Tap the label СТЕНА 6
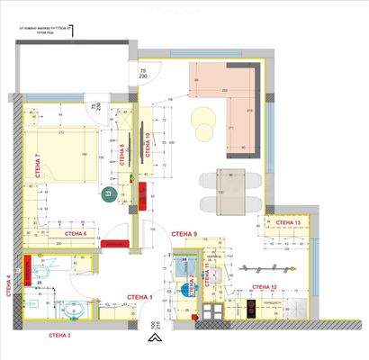[76, 233]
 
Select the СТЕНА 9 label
[184, 234]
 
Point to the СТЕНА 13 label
[285, 222]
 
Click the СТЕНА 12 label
[264, 287]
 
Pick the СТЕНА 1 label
[139, 297]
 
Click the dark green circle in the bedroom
[109, 194]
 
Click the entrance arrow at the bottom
[154, 340]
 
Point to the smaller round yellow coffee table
[203, 131]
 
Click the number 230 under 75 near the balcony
[142, 76]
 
